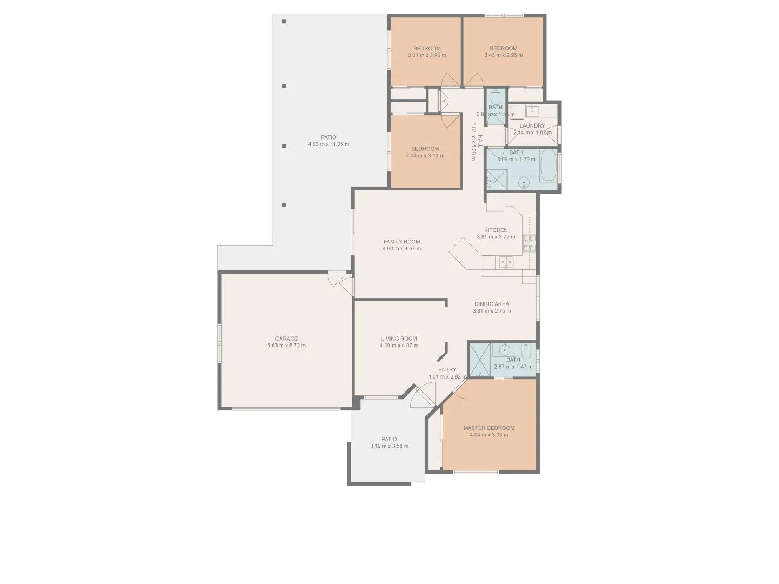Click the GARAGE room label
coord(286,339)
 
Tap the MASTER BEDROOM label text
coord(488,428)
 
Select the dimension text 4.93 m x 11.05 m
coord(328,144)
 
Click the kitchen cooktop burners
coord(529,243)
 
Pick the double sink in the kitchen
coord(506,262)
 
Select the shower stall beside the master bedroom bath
coord(480,360)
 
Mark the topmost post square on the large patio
coord(284,22)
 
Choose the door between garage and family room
coord(341,282)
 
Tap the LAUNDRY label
coord(532,125)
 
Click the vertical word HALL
coord(480,142)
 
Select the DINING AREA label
coord(491,304)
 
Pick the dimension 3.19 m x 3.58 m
coord(389,446)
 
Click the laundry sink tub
coord(532,111)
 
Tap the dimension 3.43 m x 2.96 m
coord(503,55)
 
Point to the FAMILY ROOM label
coord(401,242)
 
